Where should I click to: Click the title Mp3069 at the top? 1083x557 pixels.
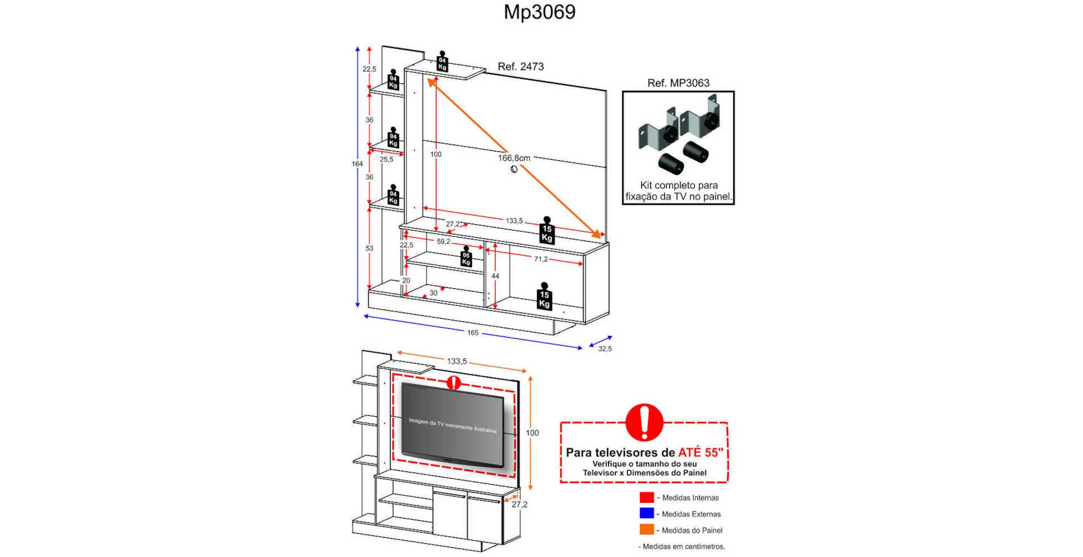[539, 12]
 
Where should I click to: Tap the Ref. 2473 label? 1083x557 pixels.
[520, 67]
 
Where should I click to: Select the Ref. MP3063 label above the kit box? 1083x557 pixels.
[678, 83]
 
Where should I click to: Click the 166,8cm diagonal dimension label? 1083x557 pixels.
[514, 158]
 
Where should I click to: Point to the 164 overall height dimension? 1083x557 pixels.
[357, 164]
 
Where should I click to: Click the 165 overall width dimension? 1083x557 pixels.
[473, 333]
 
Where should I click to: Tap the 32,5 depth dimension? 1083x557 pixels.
[605, 349]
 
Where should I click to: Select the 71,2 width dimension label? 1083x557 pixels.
[541, 259]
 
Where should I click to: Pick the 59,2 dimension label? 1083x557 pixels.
[443, 242]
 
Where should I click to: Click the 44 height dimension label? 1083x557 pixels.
[495, 276]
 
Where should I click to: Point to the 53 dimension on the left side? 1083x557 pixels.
[369, 248]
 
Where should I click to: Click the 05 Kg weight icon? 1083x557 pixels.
[466, 257]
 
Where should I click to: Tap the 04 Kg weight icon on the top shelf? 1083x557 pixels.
[442, 61]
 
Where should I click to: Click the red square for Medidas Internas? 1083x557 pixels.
[647, 497]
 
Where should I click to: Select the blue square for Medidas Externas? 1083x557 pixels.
[647, 513]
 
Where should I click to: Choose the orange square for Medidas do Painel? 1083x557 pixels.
[647, 529]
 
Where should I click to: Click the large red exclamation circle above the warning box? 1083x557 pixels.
[644, 423]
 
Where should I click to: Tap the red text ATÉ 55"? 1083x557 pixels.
[701, 452]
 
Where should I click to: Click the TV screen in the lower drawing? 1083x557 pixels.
[453, 424]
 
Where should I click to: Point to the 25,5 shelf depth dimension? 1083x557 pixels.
[387, 159]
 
